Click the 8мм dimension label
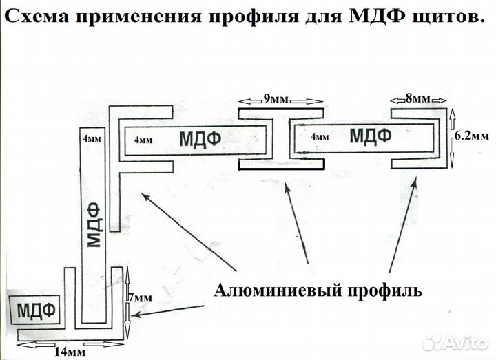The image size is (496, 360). [x=417, y=99]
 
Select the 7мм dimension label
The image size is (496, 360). [x=141, y=298]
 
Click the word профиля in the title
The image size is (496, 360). [x=254, y=15]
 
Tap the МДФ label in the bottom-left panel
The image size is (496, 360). [x=35, y=307]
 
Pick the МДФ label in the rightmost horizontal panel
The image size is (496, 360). [x=371, y=135]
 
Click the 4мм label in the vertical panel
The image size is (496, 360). [x=90, y=138]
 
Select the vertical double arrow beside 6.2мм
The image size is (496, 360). [x=452, y=138]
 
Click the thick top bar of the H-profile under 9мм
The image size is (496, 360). [x=280, y=109]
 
